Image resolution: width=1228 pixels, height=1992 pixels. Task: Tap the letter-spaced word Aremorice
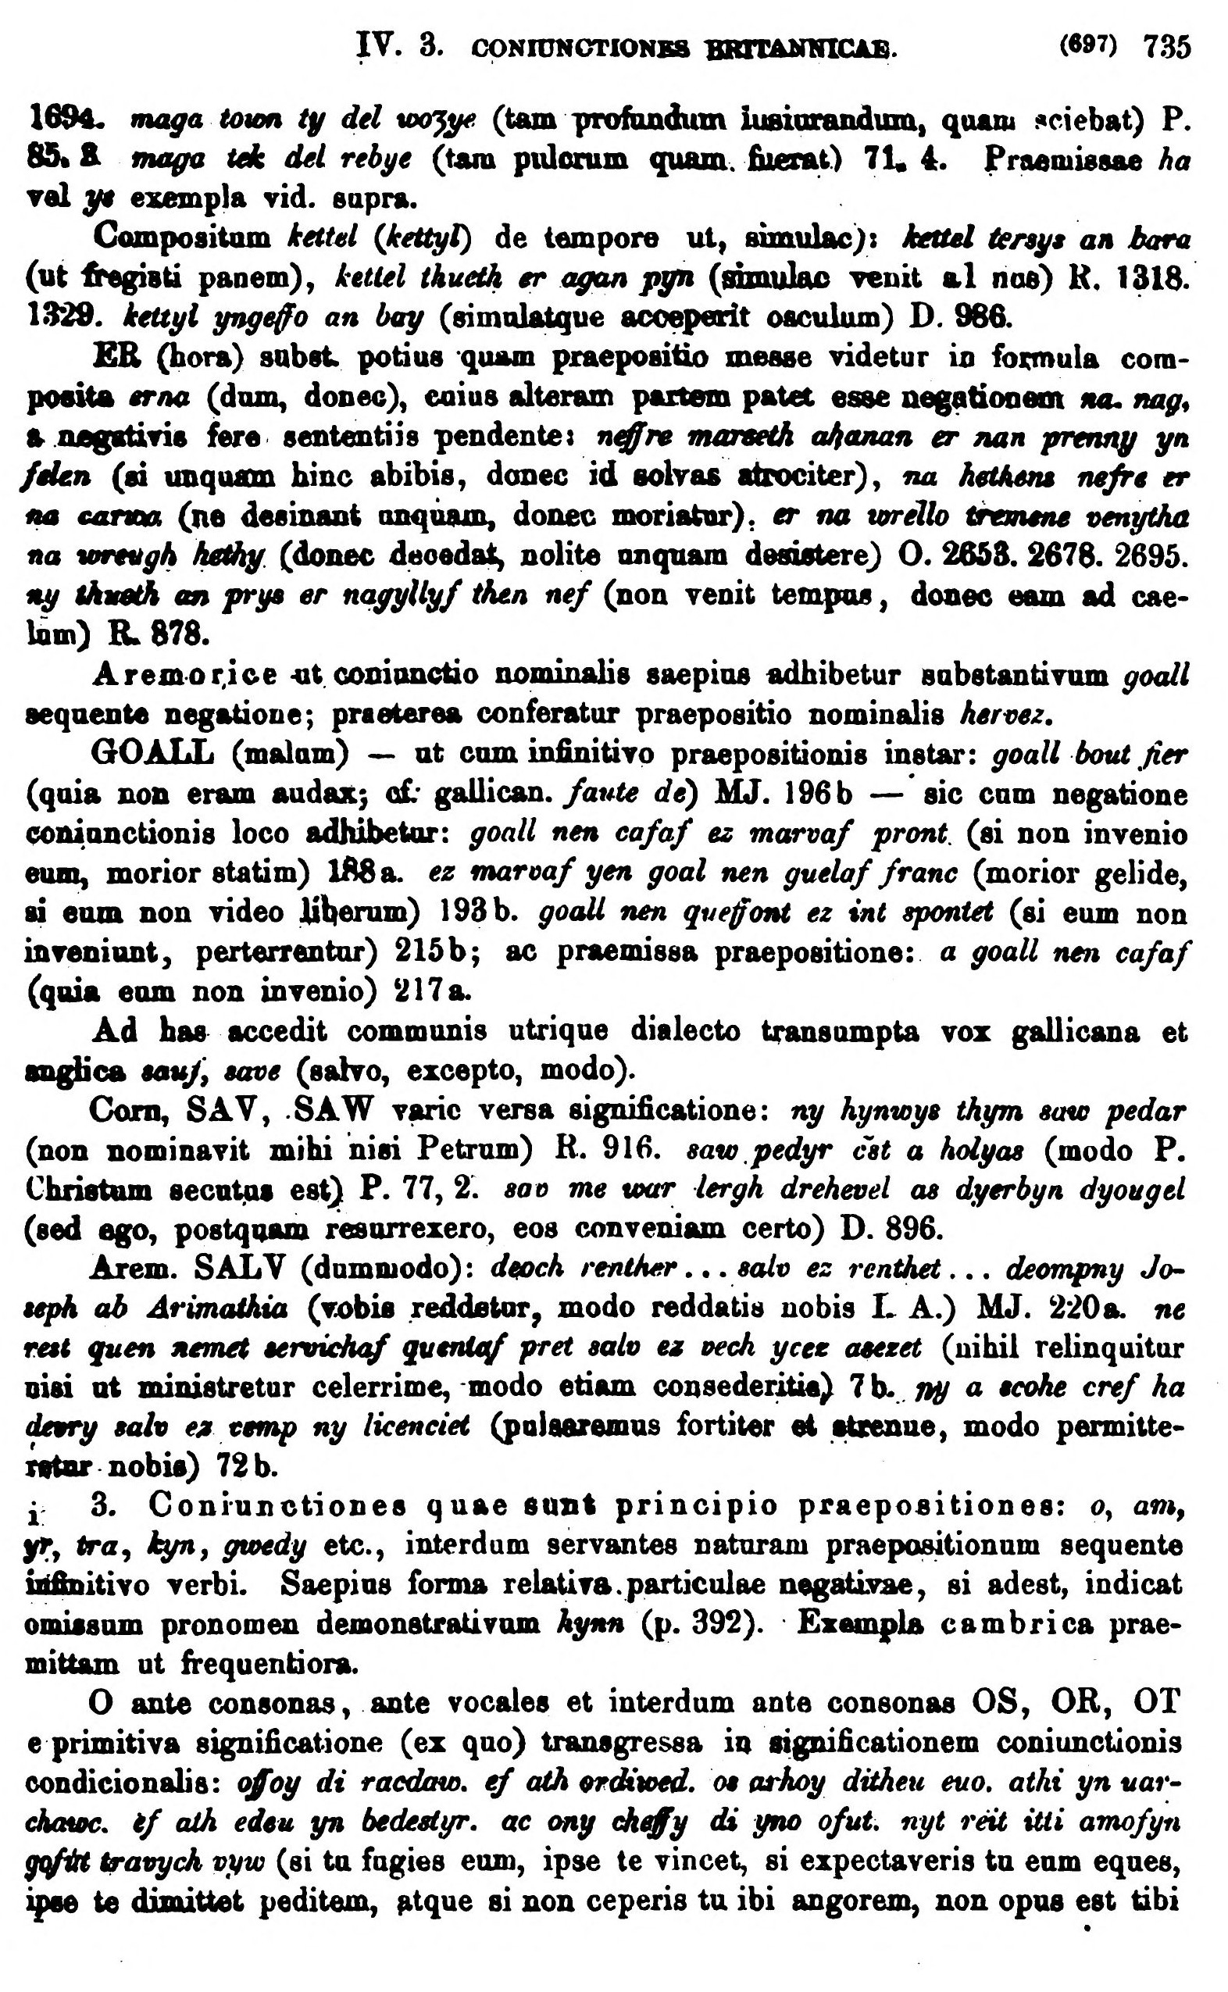186,675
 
